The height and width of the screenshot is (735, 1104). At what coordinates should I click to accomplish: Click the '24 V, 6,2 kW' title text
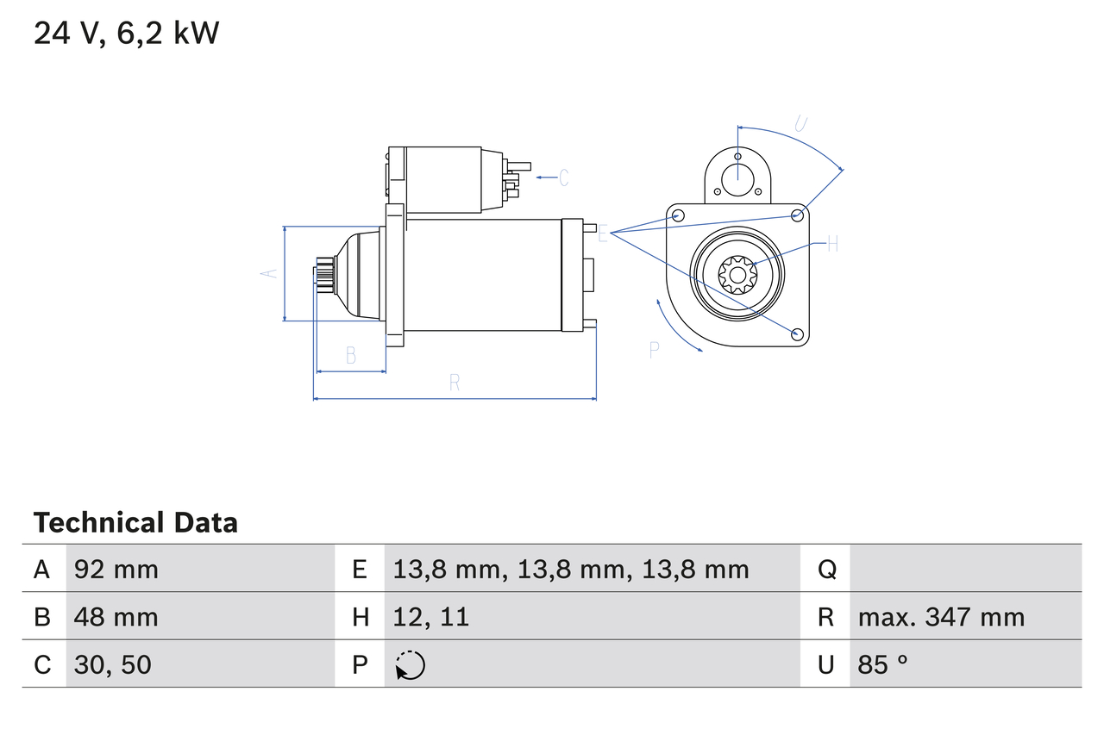click(x=126, y=34)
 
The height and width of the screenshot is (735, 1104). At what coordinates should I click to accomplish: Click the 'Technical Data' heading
click(x=135, y=523)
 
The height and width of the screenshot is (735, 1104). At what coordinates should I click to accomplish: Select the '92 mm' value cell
click(x=116, y=569)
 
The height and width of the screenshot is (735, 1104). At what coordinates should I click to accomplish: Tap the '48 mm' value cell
click(x=116, y=617)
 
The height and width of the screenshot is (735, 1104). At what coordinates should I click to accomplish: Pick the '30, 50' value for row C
click(x=113, y=664)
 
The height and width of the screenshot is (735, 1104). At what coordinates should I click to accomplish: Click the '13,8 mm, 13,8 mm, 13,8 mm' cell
click(x=570, y=569)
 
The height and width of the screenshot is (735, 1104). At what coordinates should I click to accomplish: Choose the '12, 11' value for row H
click(x=430, y=617)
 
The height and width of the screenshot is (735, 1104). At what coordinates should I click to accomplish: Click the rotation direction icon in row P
click(x=411, y=665)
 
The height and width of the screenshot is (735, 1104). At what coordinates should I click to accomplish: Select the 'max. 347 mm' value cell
click(x=941, y=617)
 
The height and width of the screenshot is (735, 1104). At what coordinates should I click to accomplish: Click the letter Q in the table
click(x=826, y=569)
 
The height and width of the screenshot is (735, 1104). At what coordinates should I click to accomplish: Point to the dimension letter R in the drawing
click(x=455, y=383)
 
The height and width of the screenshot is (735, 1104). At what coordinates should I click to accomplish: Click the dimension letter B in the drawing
click(x=350, y=355)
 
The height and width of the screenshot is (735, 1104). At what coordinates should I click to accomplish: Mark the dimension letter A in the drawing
click(x=269, y=273)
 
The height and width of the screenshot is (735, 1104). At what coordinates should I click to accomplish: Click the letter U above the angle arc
click(x=800, y=124)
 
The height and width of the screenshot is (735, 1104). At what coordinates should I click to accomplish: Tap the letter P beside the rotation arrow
click(x=655, y=349)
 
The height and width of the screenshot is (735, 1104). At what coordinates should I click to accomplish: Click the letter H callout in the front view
click(x=832, y=245)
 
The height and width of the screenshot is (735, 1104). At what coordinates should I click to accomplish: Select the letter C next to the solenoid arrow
click(x=563, y=178)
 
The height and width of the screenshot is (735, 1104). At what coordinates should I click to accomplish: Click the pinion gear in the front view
click(x=737, y=276)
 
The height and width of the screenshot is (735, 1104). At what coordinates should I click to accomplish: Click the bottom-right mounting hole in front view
click(x=797, y=333)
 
